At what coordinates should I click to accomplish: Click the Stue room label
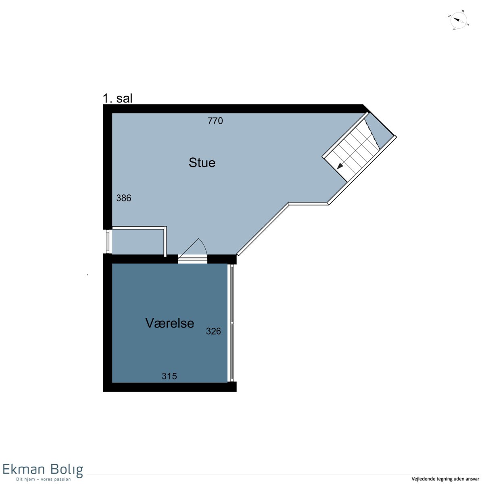click(x=202, y=163)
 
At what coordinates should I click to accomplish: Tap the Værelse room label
click(x=169, y=323)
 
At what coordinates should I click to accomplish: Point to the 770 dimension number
click(x=215, y=121)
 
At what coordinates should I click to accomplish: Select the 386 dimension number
click(x=123, y=198)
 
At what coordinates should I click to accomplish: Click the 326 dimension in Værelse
click(x=213, y=331)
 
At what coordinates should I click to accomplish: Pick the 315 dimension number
click(x=169, y=376)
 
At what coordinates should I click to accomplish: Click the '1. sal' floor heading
click(x=117, y=98)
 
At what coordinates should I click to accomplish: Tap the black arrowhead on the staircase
click(x=340, y=166)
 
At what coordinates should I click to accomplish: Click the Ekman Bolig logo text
click(x=43, y=470)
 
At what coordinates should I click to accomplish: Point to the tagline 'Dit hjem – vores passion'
click(x=43, y=479)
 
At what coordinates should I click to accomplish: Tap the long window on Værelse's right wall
click(x=232, y=323)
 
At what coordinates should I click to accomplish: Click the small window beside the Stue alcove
click(x=108, y=242)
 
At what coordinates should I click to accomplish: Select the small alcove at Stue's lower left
click(x=138, y=241)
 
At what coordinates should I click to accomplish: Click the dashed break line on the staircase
click(x=372, y=134)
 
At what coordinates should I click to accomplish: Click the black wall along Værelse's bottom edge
click(x=170, y=387)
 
